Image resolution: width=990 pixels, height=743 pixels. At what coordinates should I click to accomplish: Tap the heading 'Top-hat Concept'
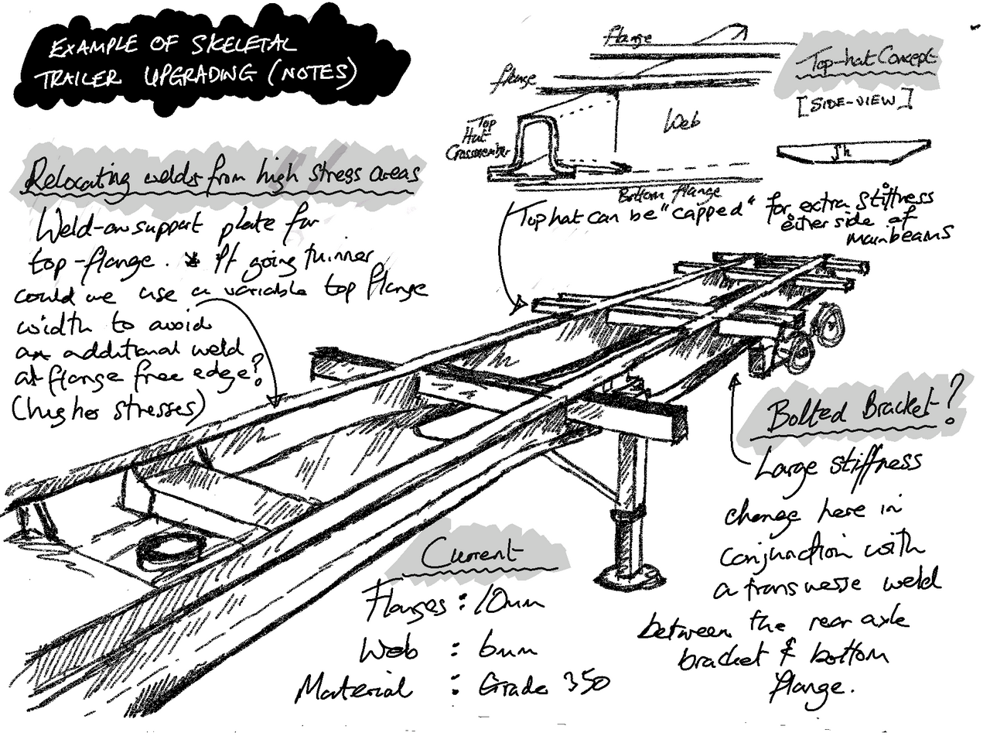pyautogui.click(x=864, y=63)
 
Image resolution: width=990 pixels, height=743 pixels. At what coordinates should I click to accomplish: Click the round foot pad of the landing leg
pyautogui.click(x=628, y=575)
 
